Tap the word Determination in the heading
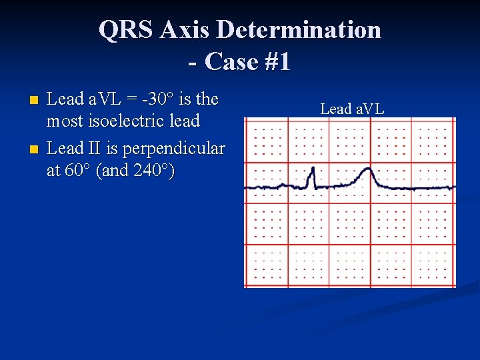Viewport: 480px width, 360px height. (298, 30)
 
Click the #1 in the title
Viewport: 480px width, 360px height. (277, 61)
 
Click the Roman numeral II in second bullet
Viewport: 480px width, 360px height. (96, 148)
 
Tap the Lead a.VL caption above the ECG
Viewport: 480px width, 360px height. (352, 109)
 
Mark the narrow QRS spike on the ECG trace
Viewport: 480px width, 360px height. (309, 179)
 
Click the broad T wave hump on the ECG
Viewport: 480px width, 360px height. (365, 176)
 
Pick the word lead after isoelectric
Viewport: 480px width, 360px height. (185, 121)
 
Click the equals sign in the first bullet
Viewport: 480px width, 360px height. (136, 99)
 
